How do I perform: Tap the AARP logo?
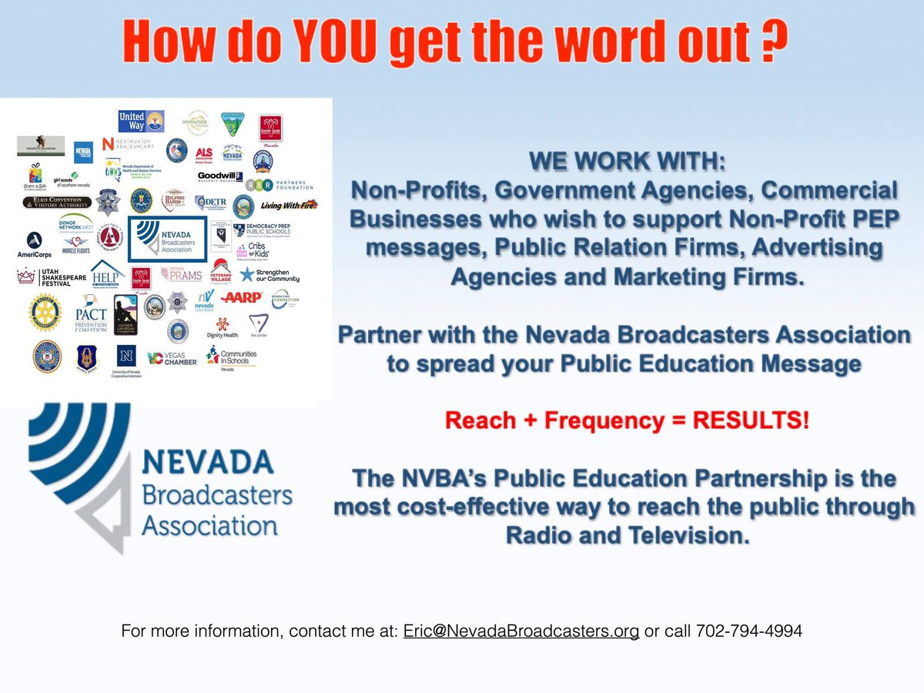[241, 296]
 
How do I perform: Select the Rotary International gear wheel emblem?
[45, 311]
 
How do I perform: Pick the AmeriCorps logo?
[34, 245]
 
